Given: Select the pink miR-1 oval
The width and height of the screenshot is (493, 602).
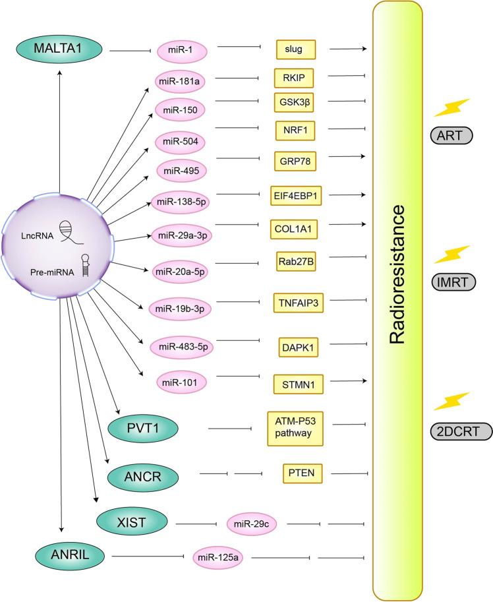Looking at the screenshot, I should click(177, 49).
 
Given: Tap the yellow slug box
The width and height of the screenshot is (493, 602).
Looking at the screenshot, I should click(296, 49).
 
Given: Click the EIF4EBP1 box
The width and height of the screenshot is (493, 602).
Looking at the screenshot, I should click(301, 196).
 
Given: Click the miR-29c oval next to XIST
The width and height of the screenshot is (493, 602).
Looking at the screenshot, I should click(252, 524).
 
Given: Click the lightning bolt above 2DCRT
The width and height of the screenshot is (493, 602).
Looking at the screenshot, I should click(452, 400).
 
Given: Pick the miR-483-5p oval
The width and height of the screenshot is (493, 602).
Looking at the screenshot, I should click(180, 346).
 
